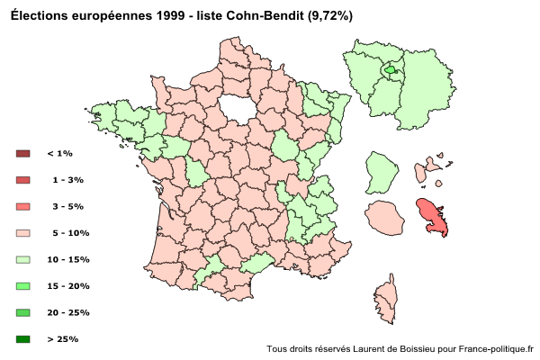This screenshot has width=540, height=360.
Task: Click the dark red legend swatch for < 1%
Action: tap(23, 154)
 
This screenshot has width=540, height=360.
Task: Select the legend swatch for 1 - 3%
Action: tap(23, 180)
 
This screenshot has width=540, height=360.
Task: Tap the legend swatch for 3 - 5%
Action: tap(23, 207)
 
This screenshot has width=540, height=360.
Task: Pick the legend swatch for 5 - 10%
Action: tap(23, 233)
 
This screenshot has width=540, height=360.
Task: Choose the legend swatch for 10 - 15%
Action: tap(23, 259)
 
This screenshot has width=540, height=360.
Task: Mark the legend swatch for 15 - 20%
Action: tap(23, 286)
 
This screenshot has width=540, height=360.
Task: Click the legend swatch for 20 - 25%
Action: tap(23, 312)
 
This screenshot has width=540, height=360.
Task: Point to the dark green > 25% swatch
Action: tap(23, 339)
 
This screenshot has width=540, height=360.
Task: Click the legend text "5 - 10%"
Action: tap(71, 233)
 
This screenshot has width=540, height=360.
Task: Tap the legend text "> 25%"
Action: tap(67, 339)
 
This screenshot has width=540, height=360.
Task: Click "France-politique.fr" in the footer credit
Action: tap(495, 348)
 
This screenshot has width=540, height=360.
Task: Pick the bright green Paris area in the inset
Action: tap(390, 69)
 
